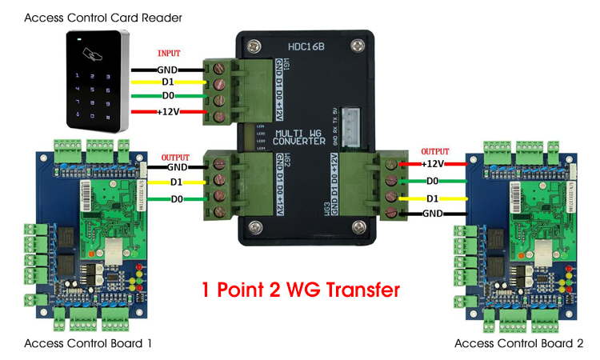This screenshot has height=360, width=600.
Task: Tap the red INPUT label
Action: pos(170,53)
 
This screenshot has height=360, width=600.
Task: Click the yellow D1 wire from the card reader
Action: pos(152,82)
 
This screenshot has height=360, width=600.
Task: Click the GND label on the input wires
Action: pos(166,69)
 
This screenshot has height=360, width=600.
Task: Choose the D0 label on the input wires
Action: pos(167,97)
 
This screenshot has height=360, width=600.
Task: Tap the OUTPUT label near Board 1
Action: pos(177,157)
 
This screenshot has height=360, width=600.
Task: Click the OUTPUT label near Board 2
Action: pos(435,150)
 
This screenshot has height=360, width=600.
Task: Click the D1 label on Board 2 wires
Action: pos(434,198)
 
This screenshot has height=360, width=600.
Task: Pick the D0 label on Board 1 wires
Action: pos(177,199)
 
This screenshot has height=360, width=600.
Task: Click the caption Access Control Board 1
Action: pos(88,343)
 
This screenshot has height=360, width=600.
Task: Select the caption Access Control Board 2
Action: pos(519,343)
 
